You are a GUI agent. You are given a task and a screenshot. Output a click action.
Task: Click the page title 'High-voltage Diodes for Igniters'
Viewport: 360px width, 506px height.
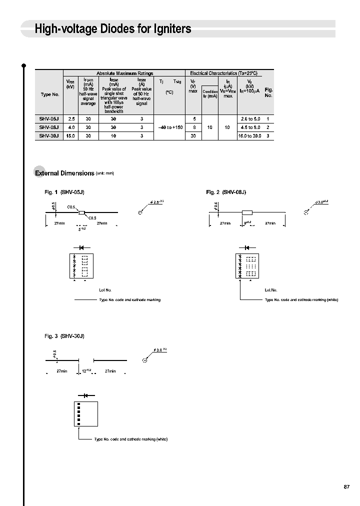pos(113,29)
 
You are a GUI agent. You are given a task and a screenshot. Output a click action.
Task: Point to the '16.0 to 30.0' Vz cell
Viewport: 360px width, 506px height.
pos(249,135)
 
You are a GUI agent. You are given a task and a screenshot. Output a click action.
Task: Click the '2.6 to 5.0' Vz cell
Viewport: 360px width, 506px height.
pos(250,119)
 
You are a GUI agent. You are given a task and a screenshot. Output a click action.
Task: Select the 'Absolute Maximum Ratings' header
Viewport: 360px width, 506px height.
pos(124,73)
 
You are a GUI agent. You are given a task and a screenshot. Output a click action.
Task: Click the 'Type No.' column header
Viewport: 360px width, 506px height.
pos(49,94)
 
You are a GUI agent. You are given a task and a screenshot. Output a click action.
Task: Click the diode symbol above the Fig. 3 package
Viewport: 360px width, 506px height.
pos(79,395)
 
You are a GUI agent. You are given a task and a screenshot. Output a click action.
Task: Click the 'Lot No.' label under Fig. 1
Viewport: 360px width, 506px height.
pos(105,290)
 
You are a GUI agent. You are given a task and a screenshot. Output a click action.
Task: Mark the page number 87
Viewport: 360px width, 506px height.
pos(347,487)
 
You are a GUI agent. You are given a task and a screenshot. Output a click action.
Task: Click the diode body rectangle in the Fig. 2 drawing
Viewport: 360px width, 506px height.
pos(247,212)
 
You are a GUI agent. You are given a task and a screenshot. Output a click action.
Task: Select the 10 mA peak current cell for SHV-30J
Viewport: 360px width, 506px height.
pos(113,135)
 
